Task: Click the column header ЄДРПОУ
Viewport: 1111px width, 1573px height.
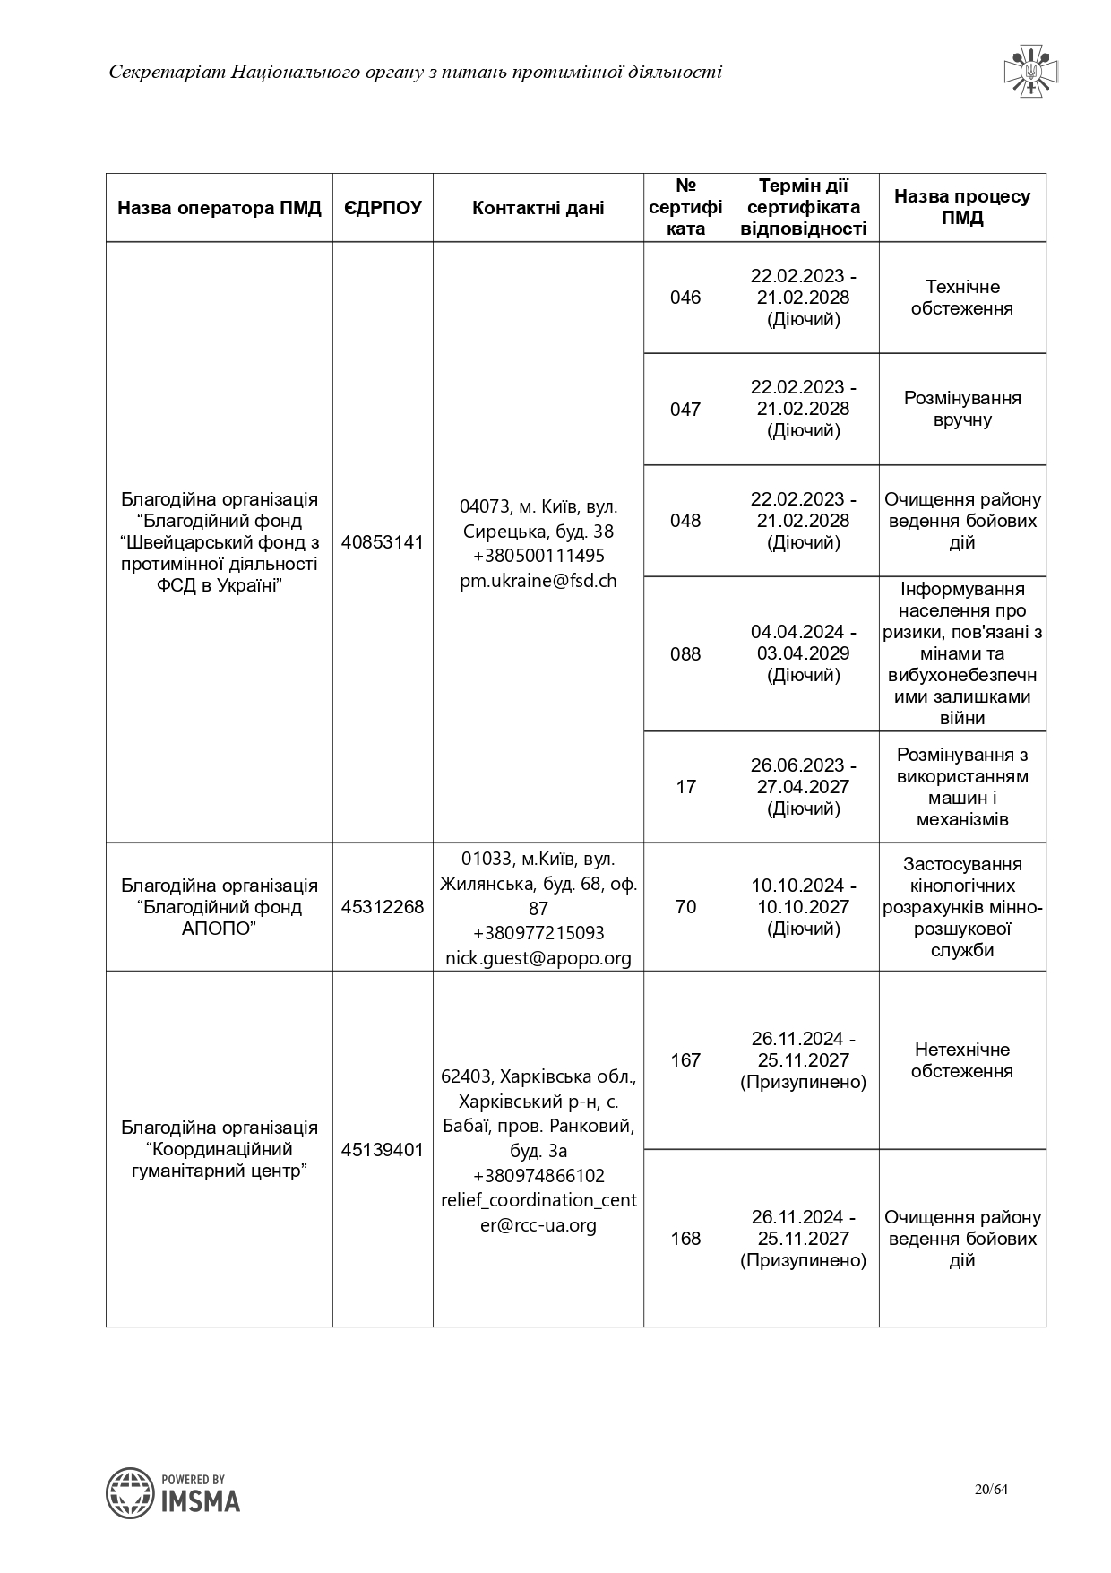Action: (383, 208)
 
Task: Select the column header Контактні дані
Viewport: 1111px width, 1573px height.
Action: (538, 208)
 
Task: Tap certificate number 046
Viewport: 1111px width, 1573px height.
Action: (685, 298)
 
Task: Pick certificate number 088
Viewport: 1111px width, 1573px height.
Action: (685, 653)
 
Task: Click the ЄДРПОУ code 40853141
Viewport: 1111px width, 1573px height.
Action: (383, 542)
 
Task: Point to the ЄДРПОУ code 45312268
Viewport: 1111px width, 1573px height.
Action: (383, 907)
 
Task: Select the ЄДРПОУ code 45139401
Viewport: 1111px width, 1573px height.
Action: (383, 1149)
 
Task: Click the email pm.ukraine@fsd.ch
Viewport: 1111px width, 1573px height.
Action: (538, 581)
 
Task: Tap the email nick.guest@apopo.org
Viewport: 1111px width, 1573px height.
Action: (538, 958)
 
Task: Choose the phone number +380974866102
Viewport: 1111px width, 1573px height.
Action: (538, 1176)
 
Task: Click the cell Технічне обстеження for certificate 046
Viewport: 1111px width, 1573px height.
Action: (962, 298)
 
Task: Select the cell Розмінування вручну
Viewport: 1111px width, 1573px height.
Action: (962, 409)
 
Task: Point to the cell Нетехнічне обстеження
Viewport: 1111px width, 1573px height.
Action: (962, 1060)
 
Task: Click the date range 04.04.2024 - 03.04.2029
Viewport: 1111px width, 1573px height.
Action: (804, 643)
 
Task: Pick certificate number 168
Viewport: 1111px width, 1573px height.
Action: (685, 1238)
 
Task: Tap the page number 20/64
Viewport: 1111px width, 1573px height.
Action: (992, 1490)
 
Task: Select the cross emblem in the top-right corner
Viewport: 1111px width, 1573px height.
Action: (1030, 71)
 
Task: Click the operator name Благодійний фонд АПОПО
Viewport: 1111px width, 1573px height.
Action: (220, 907)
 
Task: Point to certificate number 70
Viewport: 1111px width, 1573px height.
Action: (685, 907)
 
